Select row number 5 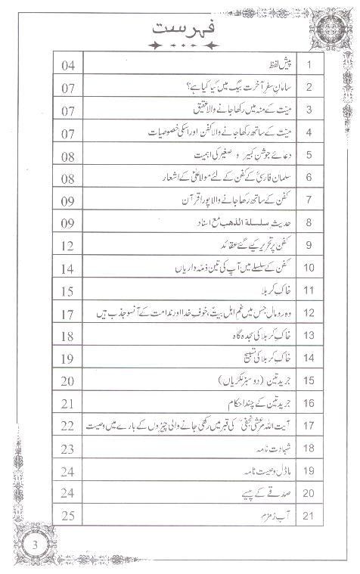[x=309, y=156]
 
